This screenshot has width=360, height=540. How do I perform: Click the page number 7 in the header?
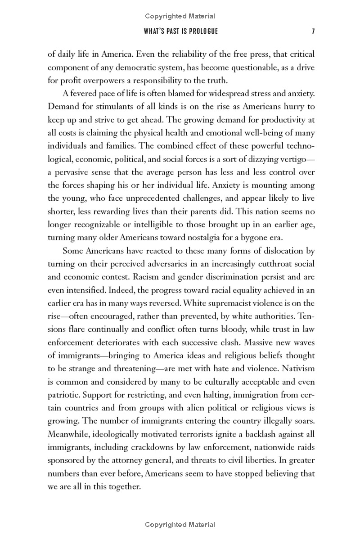click(312, 31)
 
